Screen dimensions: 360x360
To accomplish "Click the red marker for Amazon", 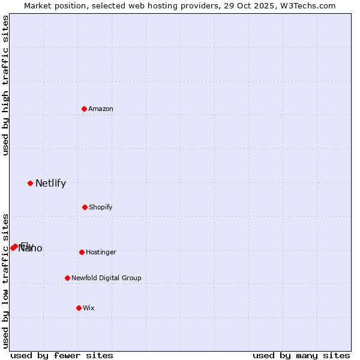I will pos(85,109).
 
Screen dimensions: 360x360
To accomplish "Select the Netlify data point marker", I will pos(30,183).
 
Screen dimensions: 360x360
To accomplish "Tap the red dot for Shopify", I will pos(85,207).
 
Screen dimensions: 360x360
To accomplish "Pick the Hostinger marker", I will pos(82,252).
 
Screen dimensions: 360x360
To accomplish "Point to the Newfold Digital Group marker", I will pos(67,278).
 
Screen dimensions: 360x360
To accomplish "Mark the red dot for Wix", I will pos(79,308).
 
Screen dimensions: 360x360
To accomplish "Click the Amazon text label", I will pos(101,109).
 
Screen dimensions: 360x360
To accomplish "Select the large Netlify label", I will pos(50,184).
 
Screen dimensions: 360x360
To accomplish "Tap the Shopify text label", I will pos(101,207).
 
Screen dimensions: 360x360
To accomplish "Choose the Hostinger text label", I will pos(101,252).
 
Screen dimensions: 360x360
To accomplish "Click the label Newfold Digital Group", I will pos(106,278).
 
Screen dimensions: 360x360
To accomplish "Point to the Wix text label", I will pos(89,308).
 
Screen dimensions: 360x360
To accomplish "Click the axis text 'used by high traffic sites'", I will pos(6,85).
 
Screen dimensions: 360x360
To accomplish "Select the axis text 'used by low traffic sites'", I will pos(6,281).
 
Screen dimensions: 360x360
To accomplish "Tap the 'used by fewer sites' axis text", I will pos(62,355).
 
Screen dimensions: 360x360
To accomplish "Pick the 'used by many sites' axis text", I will pos(301,355).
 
